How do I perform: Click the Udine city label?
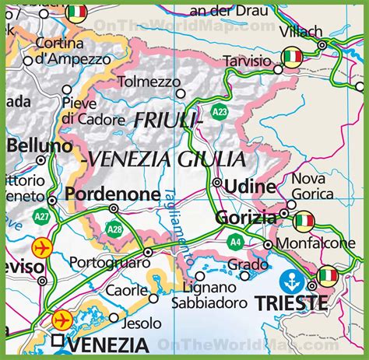coord(249,187)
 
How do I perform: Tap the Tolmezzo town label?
coord(148,82)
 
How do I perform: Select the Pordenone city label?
coord(113,194)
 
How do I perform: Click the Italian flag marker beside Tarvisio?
coord(292,57)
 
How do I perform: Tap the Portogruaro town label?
coord(110,263)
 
